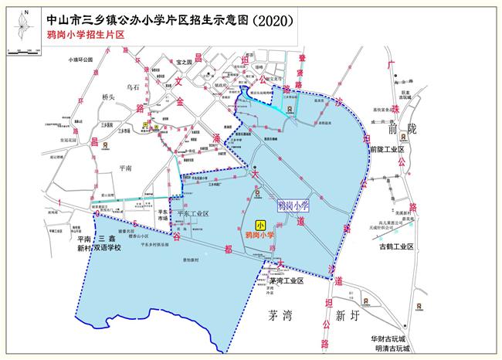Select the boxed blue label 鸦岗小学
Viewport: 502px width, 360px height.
(x=292, y=205)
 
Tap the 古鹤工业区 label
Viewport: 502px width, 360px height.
(x=392, y=247)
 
